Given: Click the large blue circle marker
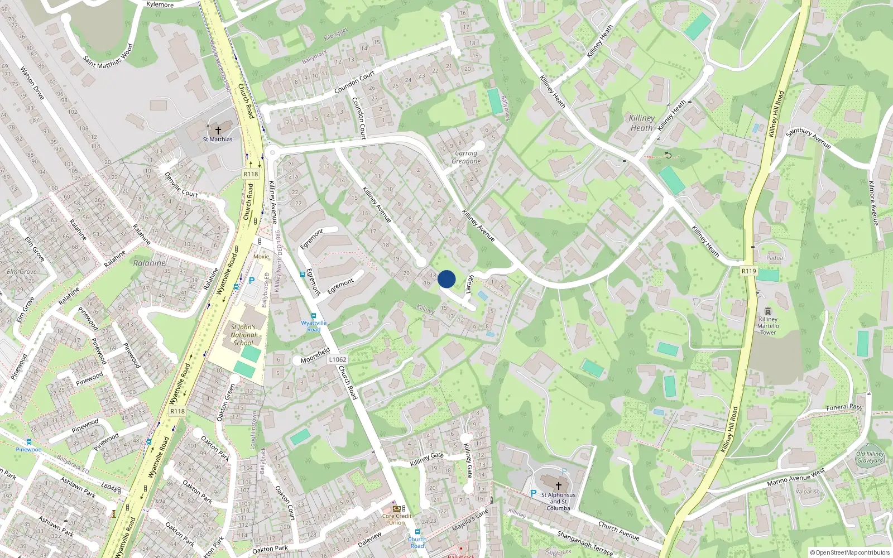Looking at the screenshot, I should click(446, 279).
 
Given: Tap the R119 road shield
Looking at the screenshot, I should click(748, 271).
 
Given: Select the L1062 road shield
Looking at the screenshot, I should click(337, 360).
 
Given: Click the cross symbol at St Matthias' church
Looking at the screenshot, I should click(218, 130).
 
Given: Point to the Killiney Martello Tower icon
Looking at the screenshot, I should click(768, 311).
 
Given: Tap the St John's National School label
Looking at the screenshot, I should click(243, 335).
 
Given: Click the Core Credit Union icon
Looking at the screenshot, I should click(397, 508).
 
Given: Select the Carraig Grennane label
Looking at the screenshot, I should click(466, 157).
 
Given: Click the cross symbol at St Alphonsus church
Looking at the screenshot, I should click(558, 486).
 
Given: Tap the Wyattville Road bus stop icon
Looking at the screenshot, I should click(313, 316).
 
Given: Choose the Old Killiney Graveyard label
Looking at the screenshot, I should click(870, 457).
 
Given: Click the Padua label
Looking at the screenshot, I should click(774, 258).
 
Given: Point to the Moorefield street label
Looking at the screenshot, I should click(315, 355).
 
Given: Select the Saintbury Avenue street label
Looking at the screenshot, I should click(808, 138).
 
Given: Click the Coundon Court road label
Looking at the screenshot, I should click(354, 83).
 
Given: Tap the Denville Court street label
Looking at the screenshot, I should click(181, 184).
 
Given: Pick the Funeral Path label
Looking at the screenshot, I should click(844, 407).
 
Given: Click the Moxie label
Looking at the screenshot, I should click(261, 257).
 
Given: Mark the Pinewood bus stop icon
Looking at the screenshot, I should click(28, 442).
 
